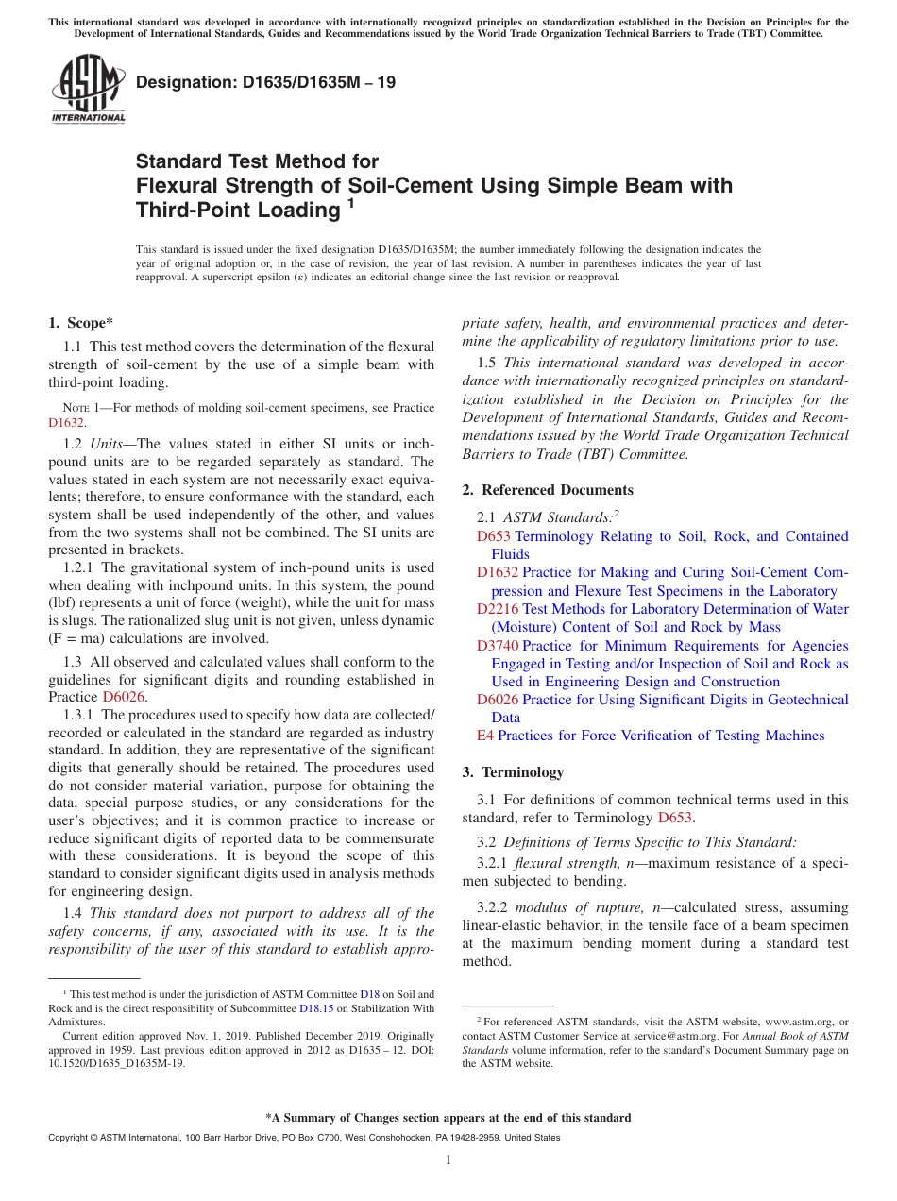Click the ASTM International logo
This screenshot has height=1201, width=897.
coord(88,89)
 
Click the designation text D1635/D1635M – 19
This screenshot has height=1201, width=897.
coord(265,82)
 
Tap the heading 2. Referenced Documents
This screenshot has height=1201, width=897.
coord(548,489)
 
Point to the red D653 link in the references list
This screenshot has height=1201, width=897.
coord(493,536)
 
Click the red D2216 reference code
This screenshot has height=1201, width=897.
coord(498,609)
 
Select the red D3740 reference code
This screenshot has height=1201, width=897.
coord(498,646)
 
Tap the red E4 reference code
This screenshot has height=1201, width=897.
coord(485,736)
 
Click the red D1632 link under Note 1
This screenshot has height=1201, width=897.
coord(66,424)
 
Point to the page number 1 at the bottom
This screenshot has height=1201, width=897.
coord(448,1159)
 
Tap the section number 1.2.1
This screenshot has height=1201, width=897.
coord(78,567)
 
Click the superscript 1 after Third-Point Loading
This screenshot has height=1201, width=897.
coord(350,203)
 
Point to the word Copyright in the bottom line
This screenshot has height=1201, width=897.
coord(70,1138)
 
